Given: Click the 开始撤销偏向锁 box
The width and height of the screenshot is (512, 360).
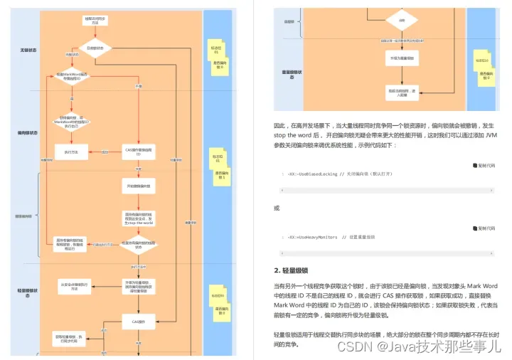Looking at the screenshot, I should tap(139, 186).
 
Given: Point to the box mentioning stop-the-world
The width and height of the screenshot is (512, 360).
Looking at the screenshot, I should tap(139, 218).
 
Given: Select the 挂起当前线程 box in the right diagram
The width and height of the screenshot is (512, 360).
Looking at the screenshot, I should tap(402, 91).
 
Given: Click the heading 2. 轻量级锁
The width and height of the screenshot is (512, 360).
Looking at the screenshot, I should tap(291, 271).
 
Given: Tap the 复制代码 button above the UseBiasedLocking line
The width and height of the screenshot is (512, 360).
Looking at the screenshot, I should tap(484, 165).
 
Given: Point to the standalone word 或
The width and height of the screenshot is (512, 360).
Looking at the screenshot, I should tap(277, 208).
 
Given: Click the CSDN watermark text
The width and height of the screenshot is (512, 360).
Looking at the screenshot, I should tap(419, 346).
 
